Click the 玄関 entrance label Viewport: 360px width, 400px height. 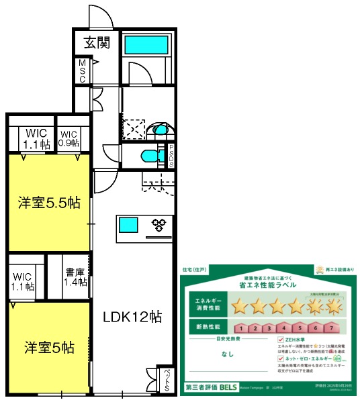tap(97, 44)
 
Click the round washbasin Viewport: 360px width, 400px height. tap(161, 130)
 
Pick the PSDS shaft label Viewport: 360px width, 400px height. tap(171, 156)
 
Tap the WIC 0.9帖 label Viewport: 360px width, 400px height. tap(69, 138)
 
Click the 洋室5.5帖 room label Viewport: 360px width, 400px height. tap(48, 202)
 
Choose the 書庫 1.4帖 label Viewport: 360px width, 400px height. tap(76, 278)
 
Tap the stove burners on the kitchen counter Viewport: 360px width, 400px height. tap(161, 224)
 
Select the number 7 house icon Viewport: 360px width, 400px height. tap(330, 328)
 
